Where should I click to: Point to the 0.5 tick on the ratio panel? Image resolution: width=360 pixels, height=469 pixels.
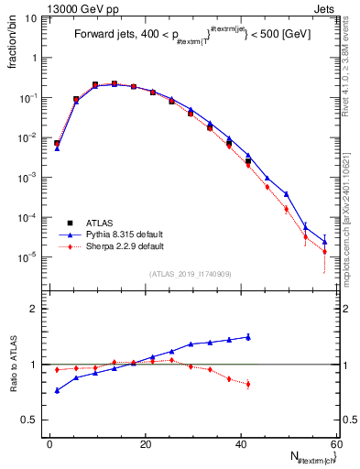(31, 420)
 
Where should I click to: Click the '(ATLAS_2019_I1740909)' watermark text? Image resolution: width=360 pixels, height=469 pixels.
(190, 273)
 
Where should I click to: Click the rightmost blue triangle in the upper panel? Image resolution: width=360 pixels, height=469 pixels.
(324, 242)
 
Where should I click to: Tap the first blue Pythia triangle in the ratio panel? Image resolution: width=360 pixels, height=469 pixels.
(57, 390)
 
